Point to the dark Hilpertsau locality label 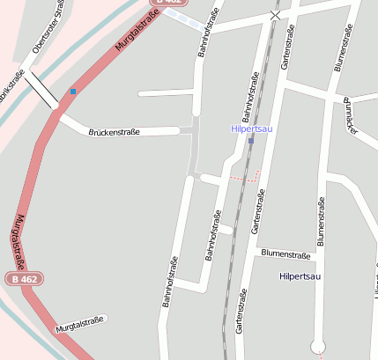tap(302, 276)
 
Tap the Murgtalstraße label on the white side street tap(79, 323)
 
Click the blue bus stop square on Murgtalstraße tap(72, 92)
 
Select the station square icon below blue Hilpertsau tap(251, 141)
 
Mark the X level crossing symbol tap(276, 15)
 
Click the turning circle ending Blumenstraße tap(318, 346)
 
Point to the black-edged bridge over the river tap(41, 89)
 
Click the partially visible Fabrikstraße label tap(11, 86)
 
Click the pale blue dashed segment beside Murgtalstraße tap(184, 18)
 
